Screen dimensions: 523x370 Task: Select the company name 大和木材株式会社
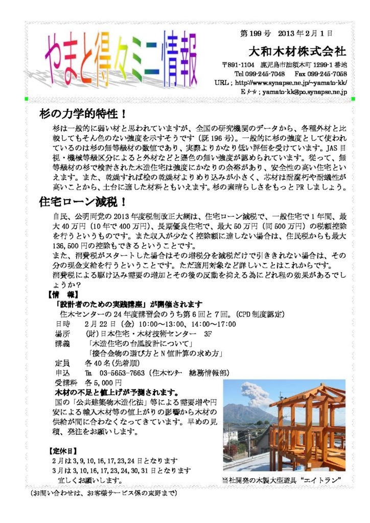297,52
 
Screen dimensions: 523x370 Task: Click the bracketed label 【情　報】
63,295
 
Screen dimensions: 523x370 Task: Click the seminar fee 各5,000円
103,383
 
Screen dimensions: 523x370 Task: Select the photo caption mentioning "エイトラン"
281,480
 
